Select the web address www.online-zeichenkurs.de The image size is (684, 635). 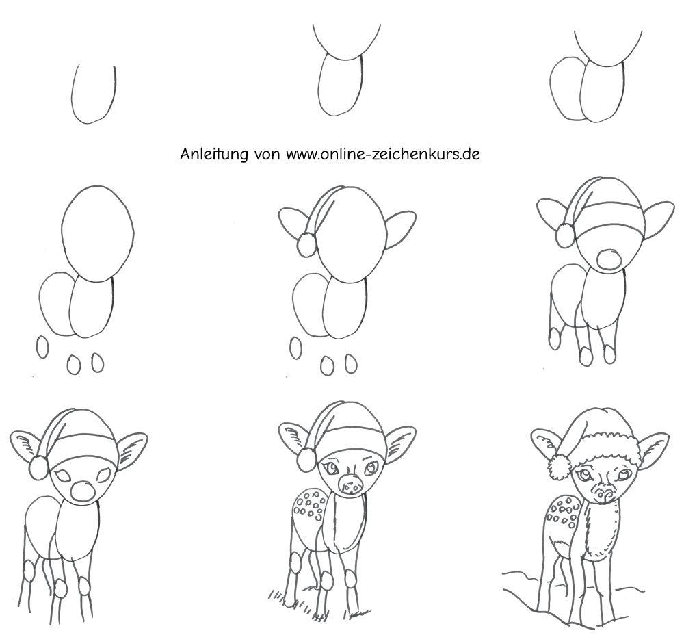click(x=383, y=154)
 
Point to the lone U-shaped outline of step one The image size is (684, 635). click(x=93, y=95)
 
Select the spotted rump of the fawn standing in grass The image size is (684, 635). click(x=308, y=506)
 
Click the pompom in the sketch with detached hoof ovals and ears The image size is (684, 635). click(x=306, y=245)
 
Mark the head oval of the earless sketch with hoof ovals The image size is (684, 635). click(x=98, y=234)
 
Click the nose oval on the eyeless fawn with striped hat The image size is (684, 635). click(x=608, y=259)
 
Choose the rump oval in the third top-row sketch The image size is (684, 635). click(x=567, y=90)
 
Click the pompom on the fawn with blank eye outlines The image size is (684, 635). click(x=38, y=467)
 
